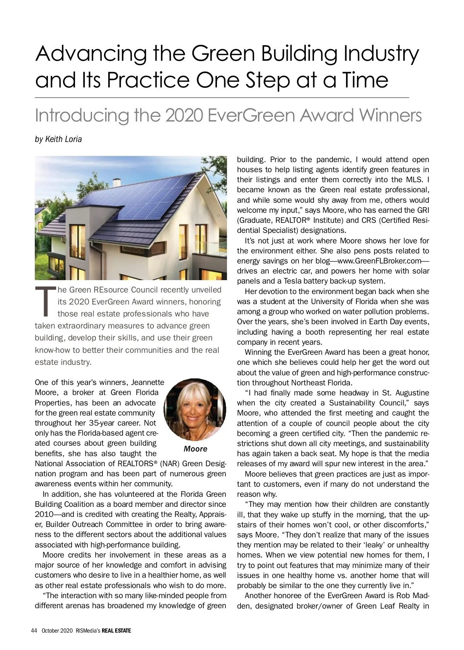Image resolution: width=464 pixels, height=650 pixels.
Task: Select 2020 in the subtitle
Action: pos(184,115)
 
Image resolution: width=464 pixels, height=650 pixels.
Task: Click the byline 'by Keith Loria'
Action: pos(58,139)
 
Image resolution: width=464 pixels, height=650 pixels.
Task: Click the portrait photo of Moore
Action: pos(195,410)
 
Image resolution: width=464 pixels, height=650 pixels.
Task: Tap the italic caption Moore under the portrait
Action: pos(195,449)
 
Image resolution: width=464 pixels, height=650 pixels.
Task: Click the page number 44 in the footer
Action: pos(34,631)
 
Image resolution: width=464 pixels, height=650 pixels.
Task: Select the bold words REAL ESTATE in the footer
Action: pos(116,631)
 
